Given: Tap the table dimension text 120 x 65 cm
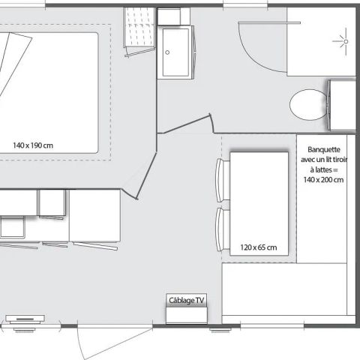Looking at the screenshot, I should pos(258,247).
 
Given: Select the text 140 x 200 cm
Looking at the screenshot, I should pos(323,179).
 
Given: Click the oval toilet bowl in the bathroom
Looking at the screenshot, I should pos(306,103).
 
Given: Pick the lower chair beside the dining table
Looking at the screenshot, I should pos(221,231).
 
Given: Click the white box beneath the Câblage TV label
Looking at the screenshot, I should pos(185,314).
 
